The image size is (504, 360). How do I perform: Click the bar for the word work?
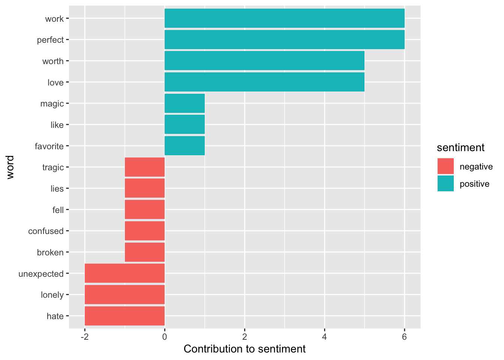click(284, 18)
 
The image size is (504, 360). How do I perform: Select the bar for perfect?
click(284, 39)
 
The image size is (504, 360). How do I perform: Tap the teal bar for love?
click(264, 82)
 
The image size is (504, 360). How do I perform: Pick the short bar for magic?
click(184, 103)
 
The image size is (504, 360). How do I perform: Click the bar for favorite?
click(184, 146)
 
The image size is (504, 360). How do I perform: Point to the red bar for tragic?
click(145, 167)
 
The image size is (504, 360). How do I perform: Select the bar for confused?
click(145, 231)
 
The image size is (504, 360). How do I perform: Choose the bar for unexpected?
click(124, 273)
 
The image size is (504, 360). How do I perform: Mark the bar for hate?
click(124, 316)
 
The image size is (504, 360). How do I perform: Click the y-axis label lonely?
click(52, 295)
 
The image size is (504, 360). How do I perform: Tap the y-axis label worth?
click(53, 61)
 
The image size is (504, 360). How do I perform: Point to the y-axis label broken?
click(50, 253)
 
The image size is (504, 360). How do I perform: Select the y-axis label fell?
click(58, 210)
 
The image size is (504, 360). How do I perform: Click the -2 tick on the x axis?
click(85, 337)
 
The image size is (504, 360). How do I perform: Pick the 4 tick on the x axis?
click(324, 337)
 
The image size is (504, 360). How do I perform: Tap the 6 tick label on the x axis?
click(404, 337)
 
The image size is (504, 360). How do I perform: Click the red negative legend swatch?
click(445, 166)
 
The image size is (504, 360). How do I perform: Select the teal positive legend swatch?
click(445, 184)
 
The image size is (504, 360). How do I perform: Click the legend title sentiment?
click(460, 148)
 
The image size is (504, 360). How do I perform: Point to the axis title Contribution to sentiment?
click(244, 349)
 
